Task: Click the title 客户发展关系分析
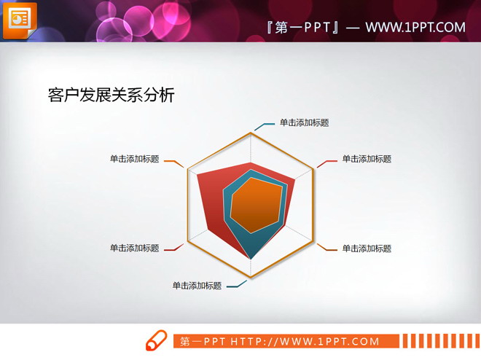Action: pos(111,95)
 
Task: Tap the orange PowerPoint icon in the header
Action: pos(20,19)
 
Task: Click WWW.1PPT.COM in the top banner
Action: pos(415,28)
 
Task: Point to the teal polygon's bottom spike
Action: pos(251,256)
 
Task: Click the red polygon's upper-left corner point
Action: pos(198,173)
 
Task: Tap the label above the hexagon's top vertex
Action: pos(304,122)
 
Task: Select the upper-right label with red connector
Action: pos(367,159)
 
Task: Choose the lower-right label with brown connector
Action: pos(367,249)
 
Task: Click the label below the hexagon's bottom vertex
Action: pos(197,286)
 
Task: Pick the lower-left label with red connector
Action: pos(134,249)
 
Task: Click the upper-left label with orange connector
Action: pos(134,159)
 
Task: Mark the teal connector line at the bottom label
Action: pos(236,284)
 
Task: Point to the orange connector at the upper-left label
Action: pos(173,162)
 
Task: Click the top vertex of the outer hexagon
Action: pos(251,133)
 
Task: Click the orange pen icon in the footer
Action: pos(156,341)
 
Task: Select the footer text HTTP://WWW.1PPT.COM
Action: pos(305,342)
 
